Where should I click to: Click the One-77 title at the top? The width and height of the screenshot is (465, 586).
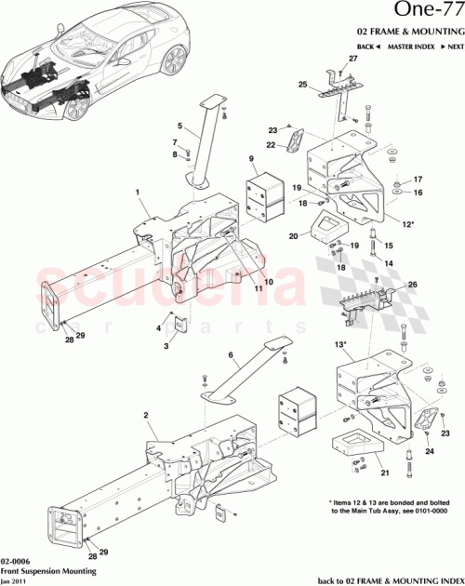point(418,12)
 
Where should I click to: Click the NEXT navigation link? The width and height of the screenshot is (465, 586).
point(452,46)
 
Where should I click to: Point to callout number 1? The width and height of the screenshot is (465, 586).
point(137,193)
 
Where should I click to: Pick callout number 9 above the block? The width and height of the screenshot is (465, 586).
point(252,160)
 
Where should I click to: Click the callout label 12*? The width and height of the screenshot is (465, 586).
point(409,223)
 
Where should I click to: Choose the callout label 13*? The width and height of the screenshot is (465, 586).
point(341,345)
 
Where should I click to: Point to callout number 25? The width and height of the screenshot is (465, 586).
point(302,85)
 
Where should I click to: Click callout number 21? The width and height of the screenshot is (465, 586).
point(384,472)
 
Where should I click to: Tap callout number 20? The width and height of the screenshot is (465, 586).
point(294,236)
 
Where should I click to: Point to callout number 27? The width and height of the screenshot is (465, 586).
point(352,59)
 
